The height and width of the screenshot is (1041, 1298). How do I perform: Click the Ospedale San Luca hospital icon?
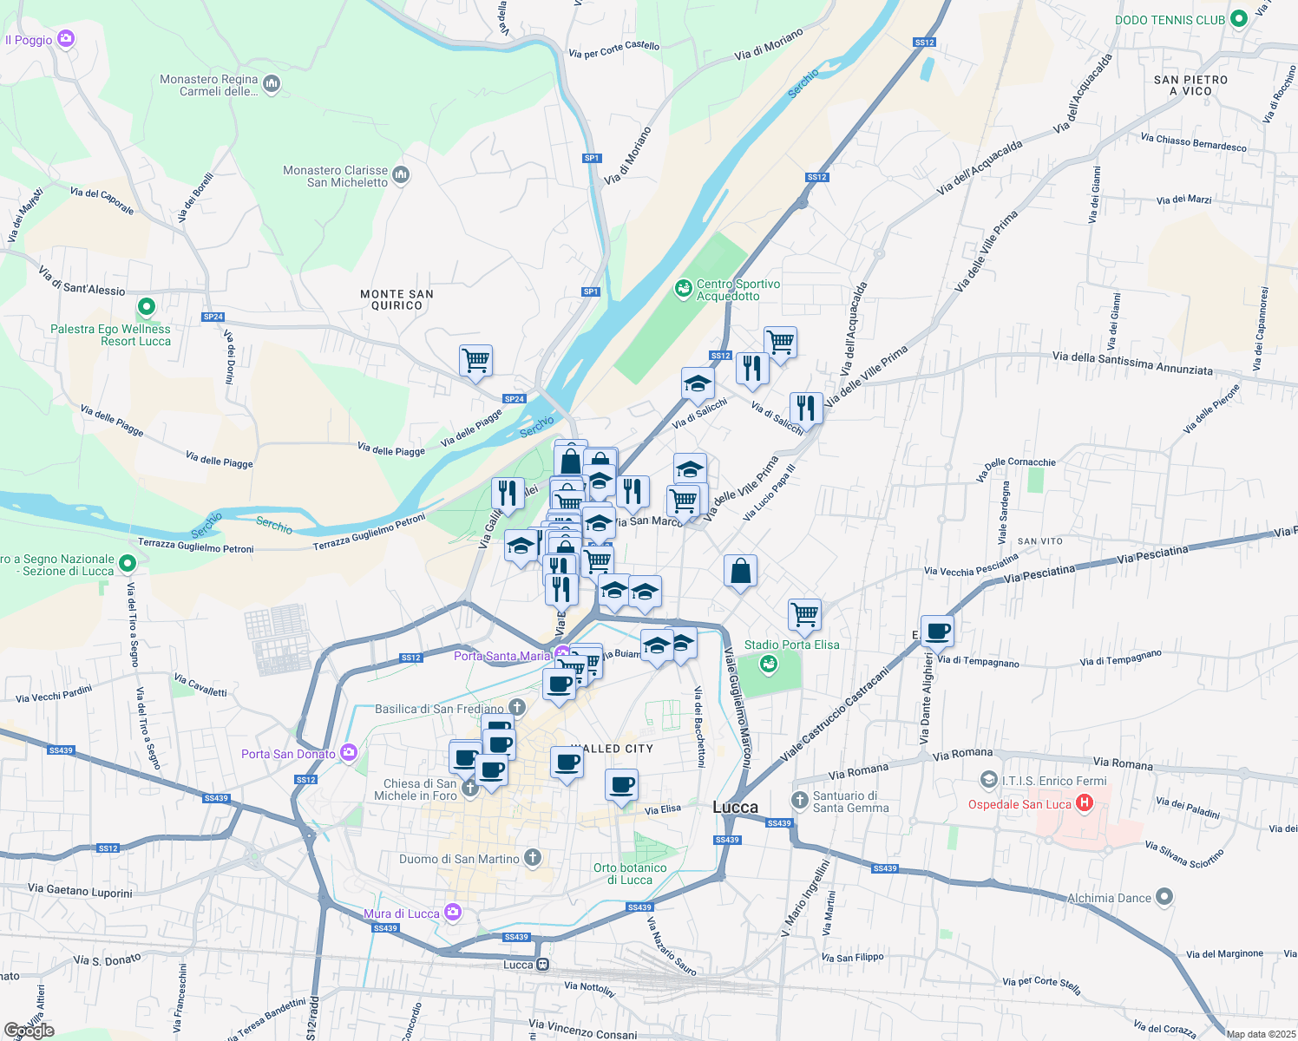1084,803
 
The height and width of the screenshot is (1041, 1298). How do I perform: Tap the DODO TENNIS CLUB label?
1170,19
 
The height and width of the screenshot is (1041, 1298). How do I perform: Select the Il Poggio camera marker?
66,39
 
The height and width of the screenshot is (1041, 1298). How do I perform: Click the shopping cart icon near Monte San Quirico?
475,359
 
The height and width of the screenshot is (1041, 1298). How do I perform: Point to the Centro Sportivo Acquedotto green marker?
684,287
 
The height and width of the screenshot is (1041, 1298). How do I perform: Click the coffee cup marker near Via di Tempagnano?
937,630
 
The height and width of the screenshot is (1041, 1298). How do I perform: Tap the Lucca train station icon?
542,964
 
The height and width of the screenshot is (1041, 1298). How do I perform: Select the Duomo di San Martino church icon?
533,858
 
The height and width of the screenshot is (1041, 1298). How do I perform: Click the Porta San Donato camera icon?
349,752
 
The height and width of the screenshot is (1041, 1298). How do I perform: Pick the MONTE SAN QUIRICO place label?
397,299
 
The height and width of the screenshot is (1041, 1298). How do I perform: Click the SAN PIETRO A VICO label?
1190,85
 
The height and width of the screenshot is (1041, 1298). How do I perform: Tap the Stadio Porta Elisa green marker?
767,665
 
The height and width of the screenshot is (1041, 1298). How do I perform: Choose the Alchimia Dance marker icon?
1164,896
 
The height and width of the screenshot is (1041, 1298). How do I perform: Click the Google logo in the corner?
29,1030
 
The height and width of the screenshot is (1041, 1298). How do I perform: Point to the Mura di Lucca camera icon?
452,912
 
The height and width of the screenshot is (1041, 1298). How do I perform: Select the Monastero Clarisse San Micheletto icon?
401,175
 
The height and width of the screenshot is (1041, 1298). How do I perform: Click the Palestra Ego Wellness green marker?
147,306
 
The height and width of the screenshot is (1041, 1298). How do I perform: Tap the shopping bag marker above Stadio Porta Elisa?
740,571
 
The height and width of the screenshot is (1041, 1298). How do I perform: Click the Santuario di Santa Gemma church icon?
799,798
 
